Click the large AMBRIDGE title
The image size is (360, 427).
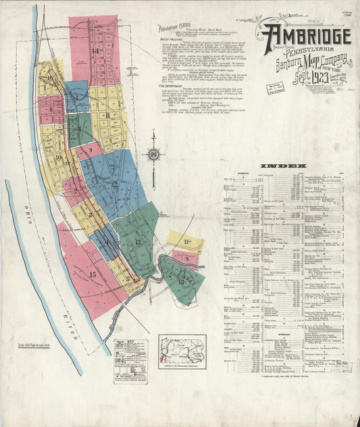pos(307,35)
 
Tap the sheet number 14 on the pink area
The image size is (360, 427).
pos(95,51)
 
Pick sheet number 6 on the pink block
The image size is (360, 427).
pos(50,108)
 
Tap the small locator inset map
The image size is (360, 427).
pos(182,349)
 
